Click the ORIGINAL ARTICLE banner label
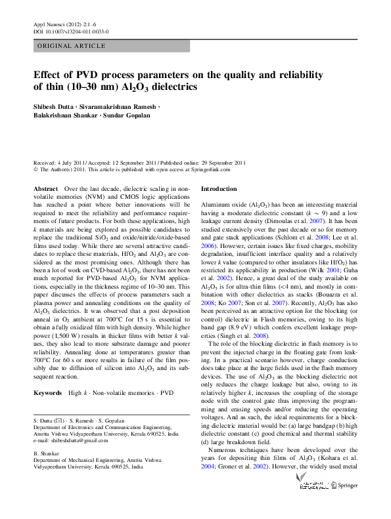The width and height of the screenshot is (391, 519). point(71,46)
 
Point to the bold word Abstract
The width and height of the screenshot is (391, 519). point(45,188)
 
